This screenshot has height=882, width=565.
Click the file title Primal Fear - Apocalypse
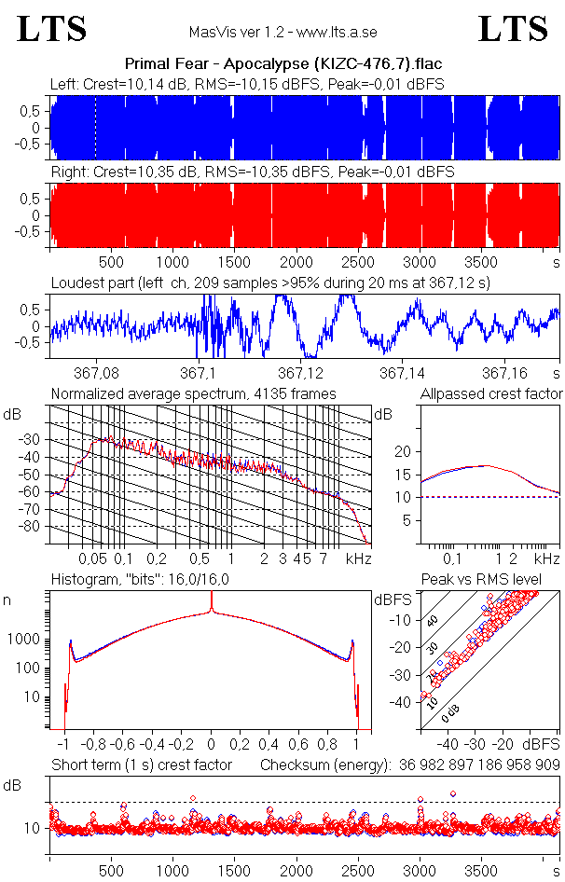click(282, 64)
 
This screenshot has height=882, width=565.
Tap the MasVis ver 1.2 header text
click(282, 33)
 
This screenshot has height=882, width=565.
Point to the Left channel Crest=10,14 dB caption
click(247, 84)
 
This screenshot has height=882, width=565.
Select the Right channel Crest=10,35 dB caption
click(252, 172)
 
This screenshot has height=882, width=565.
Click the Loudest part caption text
click(270, 282)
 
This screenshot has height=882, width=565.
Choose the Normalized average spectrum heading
click(193, 393)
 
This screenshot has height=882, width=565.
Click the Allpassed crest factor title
click(491, 393)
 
